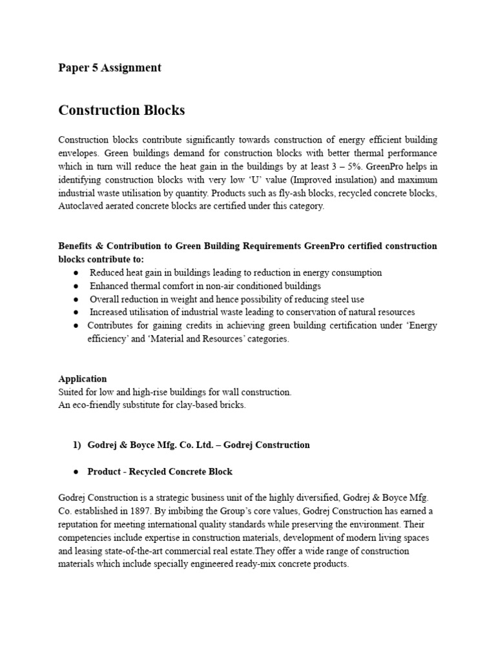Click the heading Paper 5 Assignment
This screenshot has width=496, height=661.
109,68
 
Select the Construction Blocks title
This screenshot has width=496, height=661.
121,110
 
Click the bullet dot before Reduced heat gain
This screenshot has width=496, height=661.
76,273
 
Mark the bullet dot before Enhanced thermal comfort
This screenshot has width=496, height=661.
76,286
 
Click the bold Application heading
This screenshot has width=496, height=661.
83,379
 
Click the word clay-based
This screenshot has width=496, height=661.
196,405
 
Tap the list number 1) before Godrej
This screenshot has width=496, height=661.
77,445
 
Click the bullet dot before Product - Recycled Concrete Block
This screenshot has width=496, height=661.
76,472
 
